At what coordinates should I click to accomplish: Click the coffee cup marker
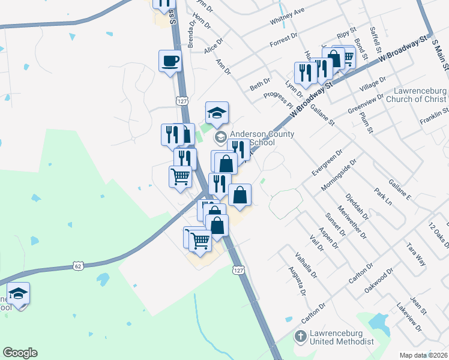click(170, 61)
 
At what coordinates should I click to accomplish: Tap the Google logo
click(20, 353)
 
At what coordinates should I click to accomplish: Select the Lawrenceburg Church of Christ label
click(420, 95)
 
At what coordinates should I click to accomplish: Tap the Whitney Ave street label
click(288, 19)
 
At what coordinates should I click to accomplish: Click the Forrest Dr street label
click(283, 40)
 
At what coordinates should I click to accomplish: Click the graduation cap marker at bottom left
click(19, 294)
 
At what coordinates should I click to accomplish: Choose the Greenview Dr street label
click(365, 104)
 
